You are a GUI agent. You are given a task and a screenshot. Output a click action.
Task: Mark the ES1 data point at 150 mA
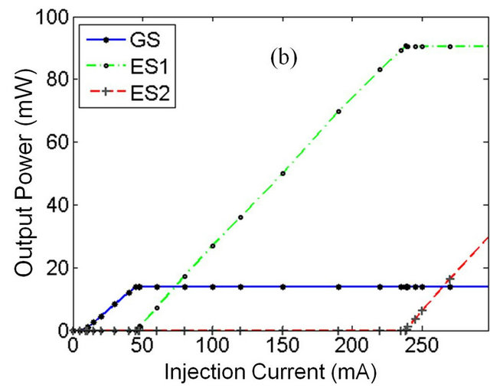click(x=283, y=173)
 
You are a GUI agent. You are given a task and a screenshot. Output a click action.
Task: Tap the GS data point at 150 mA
click(x=283, y=286)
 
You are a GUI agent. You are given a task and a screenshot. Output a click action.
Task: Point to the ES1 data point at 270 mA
click(x=450, y=46)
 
